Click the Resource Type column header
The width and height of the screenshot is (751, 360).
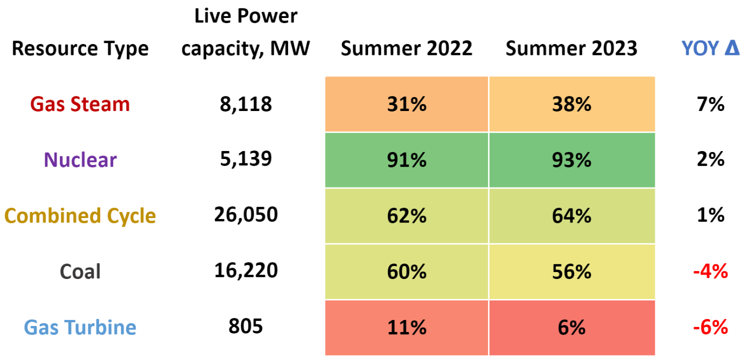80,49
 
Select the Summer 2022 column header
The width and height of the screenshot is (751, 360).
406,49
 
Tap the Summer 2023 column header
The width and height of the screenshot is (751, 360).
571,49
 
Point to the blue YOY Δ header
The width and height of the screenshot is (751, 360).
710,49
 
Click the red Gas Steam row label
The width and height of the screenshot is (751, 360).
80,104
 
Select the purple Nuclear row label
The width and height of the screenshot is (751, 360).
80,160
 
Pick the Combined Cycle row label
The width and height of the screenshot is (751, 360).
80,216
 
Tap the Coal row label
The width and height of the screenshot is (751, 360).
80,272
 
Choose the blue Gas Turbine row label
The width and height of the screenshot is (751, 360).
80,328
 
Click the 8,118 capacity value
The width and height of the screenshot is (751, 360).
245,104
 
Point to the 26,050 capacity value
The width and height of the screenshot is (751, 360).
245,215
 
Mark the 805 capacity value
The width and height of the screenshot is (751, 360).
245,326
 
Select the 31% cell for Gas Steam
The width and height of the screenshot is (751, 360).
406,104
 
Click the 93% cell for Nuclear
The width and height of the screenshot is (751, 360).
571,160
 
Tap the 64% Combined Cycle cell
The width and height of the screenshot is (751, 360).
571,216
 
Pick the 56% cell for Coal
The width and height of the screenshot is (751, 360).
571,272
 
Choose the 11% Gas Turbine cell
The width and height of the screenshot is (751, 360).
406,328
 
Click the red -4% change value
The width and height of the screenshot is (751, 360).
709,272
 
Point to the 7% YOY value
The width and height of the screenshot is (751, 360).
709,104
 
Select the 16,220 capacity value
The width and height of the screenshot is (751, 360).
245,271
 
